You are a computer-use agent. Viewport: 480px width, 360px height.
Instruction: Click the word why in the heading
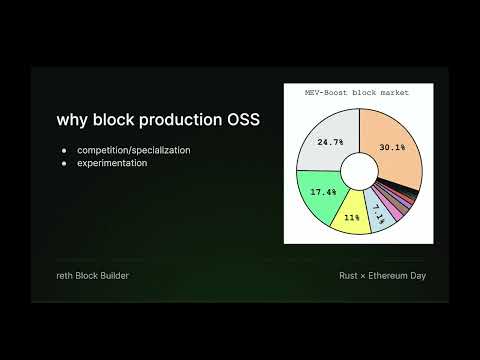[x=74, y=121]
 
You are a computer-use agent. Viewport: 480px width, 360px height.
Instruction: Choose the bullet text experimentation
[x=112, y=162]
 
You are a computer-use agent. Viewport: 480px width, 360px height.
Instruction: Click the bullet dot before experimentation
[x=65, y=162]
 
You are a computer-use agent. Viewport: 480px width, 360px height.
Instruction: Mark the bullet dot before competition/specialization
[x=65, y=150]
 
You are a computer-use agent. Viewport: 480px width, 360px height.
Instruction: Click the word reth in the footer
[x=66, y=275]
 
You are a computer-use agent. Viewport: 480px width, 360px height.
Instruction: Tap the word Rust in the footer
[x=347, y=275]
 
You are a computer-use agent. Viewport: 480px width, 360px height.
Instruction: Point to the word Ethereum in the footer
[x=387, y=275]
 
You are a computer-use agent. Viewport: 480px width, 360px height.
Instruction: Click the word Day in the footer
[x=418, y=275]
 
